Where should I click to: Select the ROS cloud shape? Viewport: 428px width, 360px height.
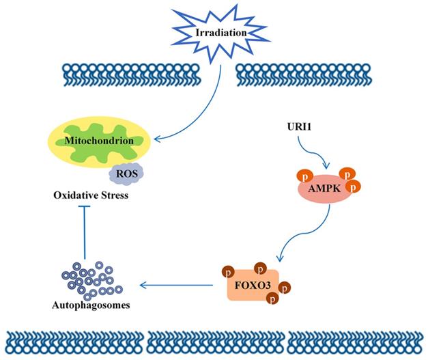click(127, 174)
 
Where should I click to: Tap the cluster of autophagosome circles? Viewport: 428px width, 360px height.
click(91, 278)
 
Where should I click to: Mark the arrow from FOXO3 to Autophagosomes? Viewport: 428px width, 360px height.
click(177, 283)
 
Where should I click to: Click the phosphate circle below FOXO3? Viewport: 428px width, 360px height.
click(272, 298)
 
